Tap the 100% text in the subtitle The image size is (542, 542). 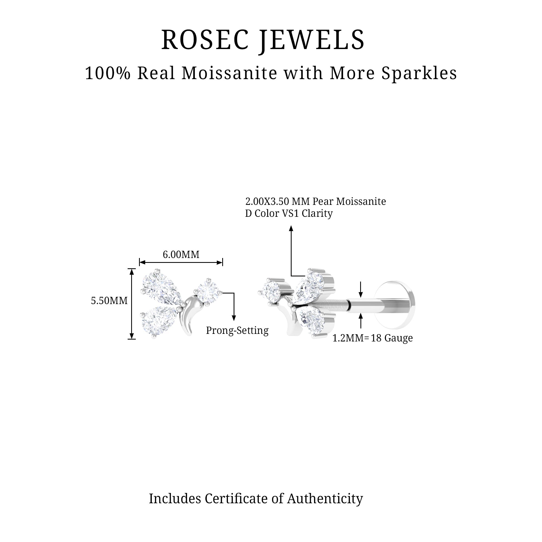[x=108, y=73]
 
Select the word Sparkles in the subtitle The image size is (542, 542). [x=419, y=73]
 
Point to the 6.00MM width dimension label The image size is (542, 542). [x=181, y=255]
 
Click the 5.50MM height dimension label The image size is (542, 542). [x=109, y=301]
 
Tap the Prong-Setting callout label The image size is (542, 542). [x=237, y=330]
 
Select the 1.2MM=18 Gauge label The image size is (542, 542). [x=372, y=338]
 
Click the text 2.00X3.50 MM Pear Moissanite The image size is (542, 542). [x=316, y=201]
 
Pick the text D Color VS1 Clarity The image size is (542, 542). [x=289, y=214]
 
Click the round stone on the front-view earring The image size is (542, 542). [x=208, y=292]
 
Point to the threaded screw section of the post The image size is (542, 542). [x=331, y=305]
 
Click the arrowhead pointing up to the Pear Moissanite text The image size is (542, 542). [x=291, y=229]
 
